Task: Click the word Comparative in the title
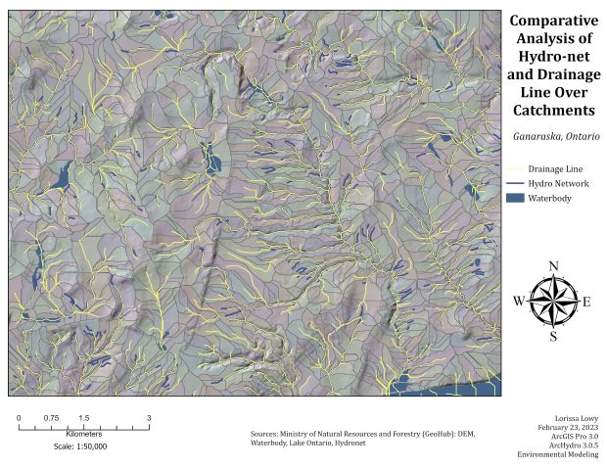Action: pyautogui.click(x=553, y=21)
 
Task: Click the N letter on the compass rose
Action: pyautogui.click(x=554, y=266)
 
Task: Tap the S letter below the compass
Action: pyautogui.click(x=553, y=336)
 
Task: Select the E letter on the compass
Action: pyautogui.click(x=586, y=302)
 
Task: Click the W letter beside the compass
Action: pyautogui.click(x=519, y=301)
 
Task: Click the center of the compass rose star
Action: pyautogui.click(x=553, y=301)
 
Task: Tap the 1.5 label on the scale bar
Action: pyautogui.click(x=84, y=417)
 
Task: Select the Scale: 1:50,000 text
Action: pyautogui.click(x=80, y=446)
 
